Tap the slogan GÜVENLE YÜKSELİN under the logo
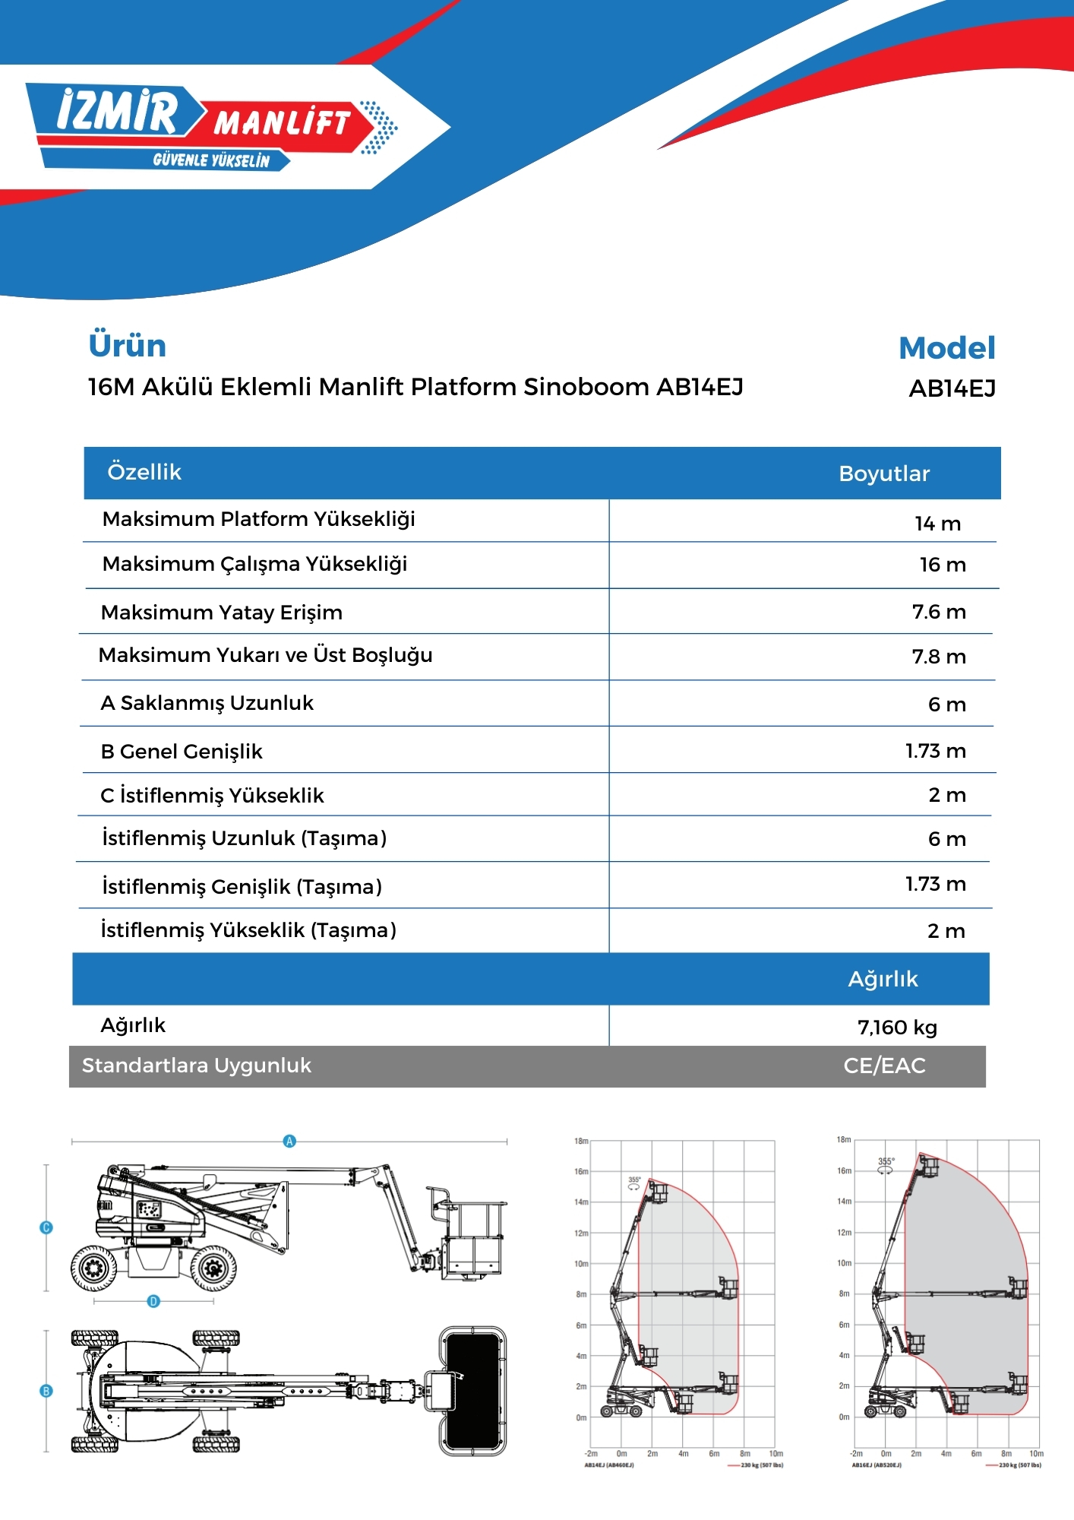pyautogui.click(x=211, y=160)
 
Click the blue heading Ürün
pyautogui.click(x=128, y=346)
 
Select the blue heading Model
pyautogui.click(x=946, y=348)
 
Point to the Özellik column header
pyautogui.click(x=144, y=472)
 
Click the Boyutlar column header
pyautogui.click(x=884, y=473)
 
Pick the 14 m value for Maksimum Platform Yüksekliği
pyautogui.click(x=937, y=524)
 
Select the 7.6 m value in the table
pyautogui.click(x=939, y=612)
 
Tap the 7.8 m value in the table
pyautogui.click(x=939, y=657)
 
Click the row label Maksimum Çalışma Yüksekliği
pyautogui.click(x=254, y=564)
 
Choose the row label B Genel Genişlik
pyautogui.click(x=182, y=752)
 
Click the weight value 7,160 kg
pyautogui.click(x=897, y=1028)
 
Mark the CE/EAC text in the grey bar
pyautogui.click(x=884, y=1066)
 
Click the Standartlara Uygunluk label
pyautogui.click(x=197, y=1066)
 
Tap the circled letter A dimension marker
pyautogui.click(x=289, y=1141)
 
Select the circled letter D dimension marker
pyautogui.click(x=153, y=1301)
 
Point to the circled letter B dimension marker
pyautogui.click(x=46, y=1391)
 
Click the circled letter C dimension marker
pyautogui.click(x=46, y=1227)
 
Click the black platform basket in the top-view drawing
pyautogui.click(x=472, y=1391)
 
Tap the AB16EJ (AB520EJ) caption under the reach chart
pyautogui.click(x=877, y=1465)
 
